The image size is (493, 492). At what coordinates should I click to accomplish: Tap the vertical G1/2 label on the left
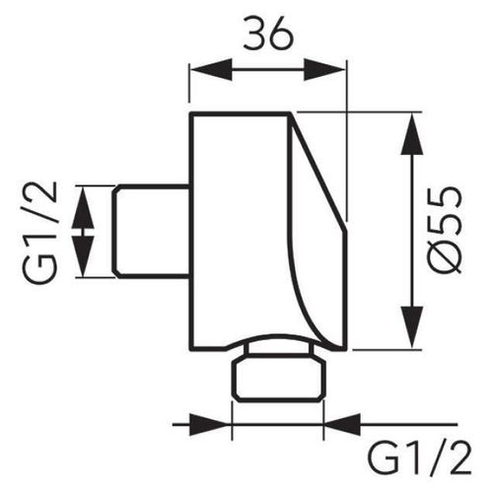pyautogui.click(x=39, y=233)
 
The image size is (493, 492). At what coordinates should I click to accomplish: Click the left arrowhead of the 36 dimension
pyautogui.click(x=211, y=70)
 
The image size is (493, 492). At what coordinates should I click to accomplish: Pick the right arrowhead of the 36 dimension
pyautogui.click(x=324, y=70)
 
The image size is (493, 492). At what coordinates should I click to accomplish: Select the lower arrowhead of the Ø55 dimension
pyautogui.click(x=411, y=327)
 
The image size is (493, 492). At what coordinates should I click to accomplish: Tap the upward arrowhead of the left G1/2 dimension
pyautogui.click(x=83, y=207)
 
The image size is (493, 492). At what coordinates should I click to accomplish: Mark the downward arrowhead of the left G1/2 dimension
pyautogui.click(x=83, y=256)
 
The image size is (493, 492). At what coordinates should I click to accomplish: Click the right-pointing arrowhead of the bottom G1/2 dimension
pyautogui.click(x=211, y=425)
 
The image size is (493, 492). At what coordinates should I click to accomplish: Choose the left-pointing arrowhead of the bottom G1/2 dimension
pyautogui.click(x=342, y=425)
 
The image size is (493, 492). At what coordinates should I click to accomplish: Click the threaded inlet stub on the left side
pyautogui.click(x=152, y=232)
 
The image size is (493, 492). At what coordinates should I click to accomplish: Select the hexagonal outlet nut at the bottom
pyautogui.click(x=278, y=381)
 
